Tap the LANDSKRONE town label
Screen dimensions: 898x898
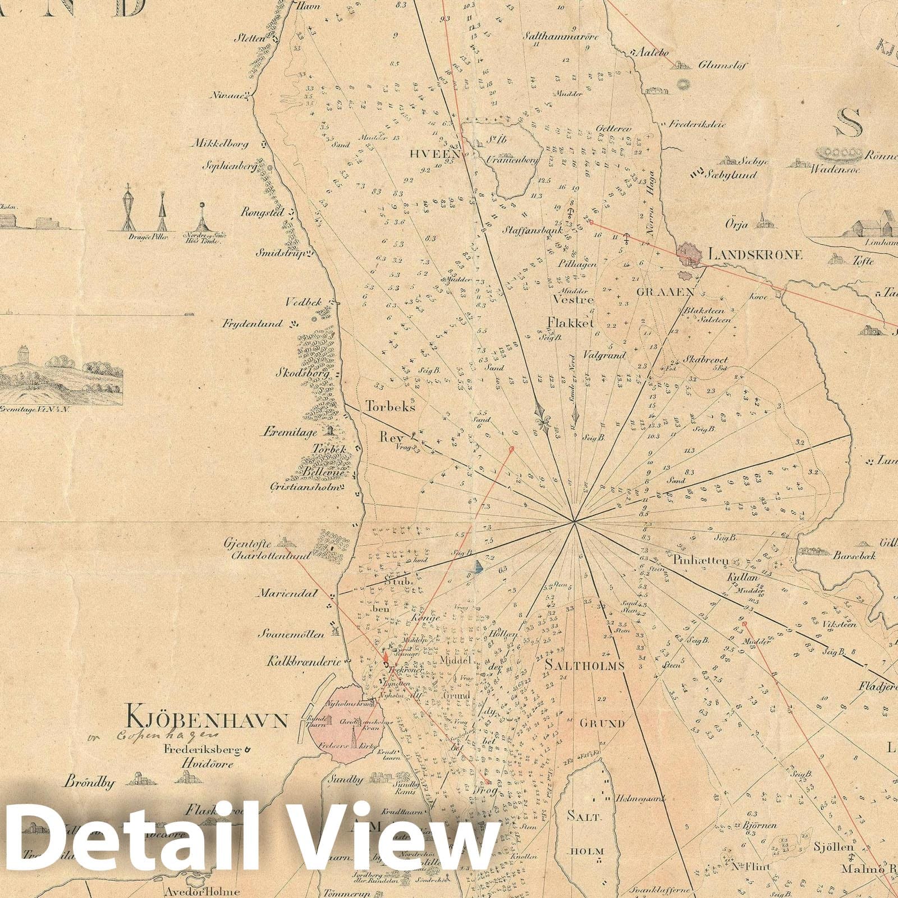pos(755,254)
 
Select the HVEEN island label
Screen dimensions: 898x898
pos(443,154)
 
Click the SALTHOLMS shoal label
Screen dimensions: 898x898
pos(584,666)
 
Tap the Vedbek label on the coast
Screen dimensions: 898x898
pos(303,303)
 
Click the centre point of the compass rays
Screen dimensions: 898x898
pos(574,522)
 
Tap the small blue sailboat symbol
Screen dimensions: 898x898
pos(477,567)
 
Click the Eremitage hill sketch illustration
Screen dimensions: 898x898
pos(62,373)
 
